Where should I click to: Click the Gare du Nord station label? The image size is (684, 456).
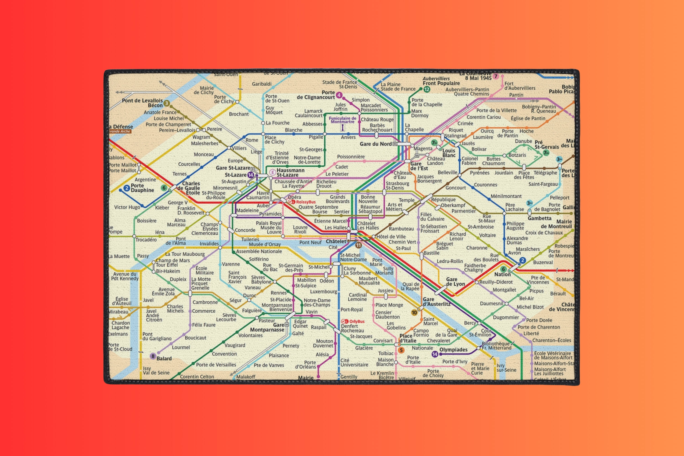376,144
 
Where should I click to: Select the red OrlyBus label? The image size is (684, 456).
357,321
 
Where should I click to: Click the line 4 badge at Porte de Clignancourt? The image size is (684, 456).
339,95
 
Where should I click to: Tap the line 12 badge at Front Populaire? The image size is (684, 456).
427,90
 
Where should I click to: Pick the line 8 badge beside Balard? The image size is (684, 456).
153,356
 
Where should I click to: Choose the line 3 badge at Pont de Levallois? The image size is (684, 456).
166,103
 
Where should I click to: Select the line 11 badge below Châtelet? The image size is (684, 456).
358,245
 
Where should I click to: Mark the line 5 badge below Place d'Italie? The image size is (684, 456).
401,350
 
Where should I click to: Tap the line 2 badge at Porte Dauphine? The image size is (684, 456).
127,188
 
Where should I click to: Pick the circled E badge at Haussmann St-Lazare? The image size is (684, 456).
272,172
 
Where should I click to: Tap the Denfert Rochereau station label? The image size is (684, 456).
352,328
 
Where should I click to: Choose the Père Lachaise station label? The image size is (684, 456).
514,207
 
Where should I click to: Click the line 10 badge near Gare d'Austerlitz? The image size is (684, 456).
414,313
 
